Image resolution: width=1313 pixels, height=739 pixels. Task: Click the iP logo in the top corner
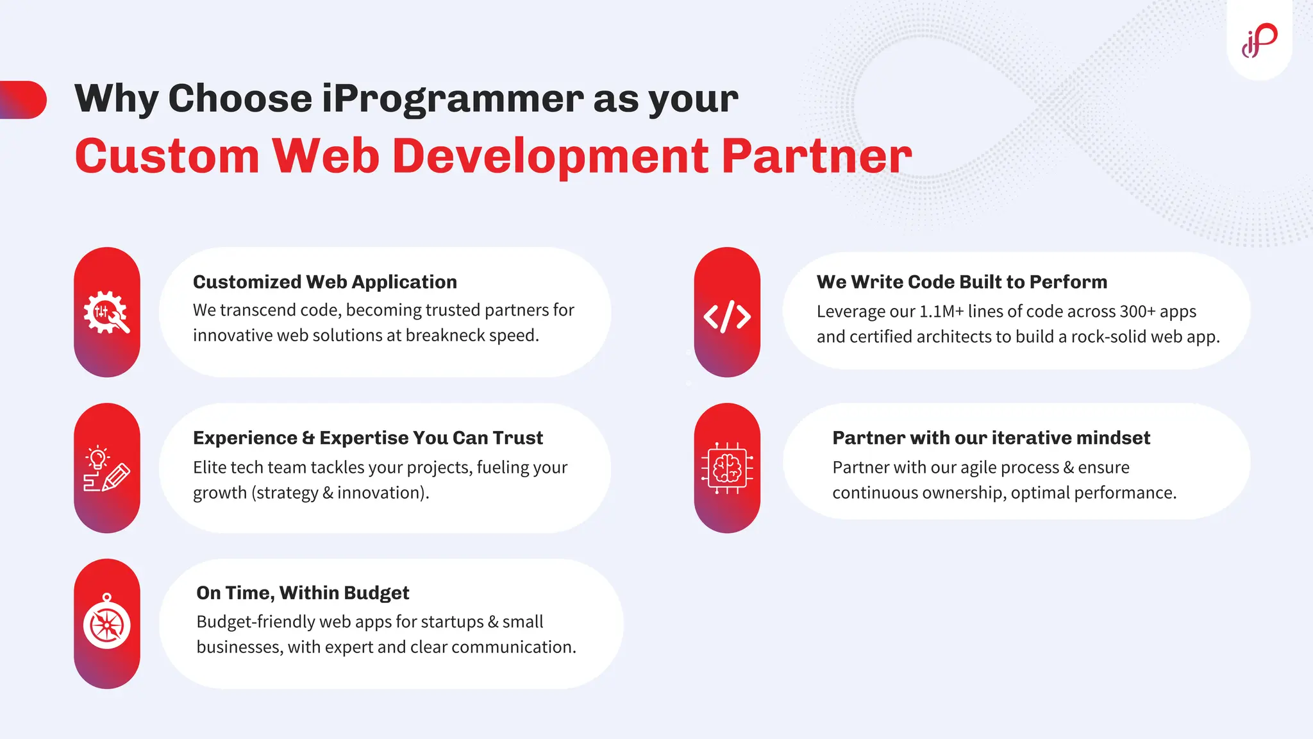pyautogui.click(x=1259, y=40)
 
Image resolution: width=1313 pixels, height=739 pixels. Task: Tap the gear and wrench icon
pyautogui.click(x=106, y=312)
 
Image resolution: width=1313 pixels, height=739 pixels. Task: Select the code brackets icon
pyautogui.click(x=727, y=316)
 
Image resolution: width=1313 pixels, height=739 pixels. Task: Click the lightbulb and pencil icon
pyautogui.click(x=106, y=469)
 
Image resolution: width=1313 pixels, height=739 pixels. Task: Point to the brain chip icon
pyautogui.click(x=727, y=468)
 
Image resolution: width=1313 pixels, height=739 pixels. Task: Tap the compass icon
pyautogui.click(x=106, y=624)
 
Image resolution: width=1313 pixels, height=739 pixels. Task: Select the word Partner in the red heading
pyautogui.click(x=815, y=156)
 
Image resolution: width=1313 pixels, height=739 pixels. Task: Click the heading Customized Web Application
pyautogui.click(x=325, y=282)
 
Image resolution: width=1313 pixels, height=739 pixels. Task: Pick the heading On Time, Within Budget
pyautogui.click(x=303, y=593)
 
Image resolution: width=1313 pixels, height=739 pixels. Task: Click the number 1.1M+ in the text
pyautogui.click(x=941, y=312)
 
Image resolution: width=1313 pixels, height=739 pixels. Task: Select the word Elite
pyautogui.click(x=210, y=468)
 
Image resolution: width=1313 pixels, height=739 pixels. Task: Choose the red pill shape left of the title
pyautogui.click(x=24, y=99)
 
